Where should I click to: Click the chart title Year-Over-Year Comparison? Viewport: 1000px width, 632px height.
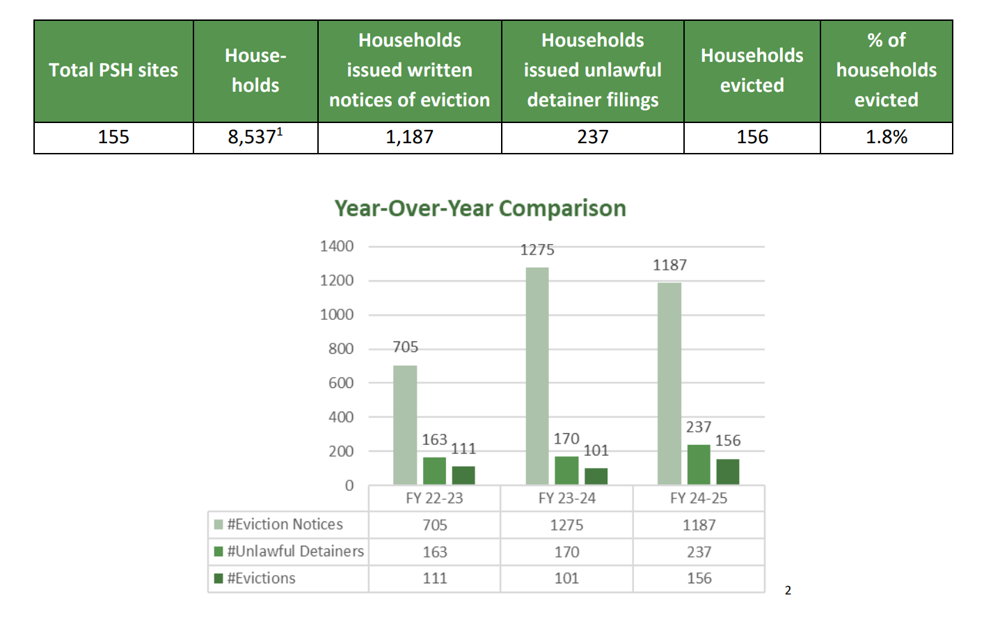(480, 208)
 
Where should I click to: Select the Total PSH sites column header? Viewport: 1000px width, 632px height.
(113, 70)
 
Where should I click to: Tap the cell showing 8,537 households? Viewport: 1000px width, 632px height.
(255, 137)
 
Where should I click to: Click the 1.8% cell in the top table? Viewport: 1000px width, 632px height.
(886, 137)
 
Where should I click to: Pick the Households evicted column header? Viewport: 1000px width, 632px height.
(752, 70)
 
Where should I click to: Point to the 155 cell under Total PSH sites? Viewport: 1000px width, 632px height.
(113, 137)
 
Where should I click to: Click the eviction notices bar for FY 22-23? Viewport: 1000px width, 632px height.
(405, 424)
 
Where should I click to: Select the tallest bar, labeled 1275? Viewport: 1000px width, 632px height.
(537, 375)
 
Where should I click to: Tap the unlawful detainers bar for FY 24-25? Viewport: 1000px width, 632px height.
(699, 464)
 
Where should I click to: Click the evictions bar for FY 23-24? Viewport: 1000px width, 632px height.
(596, 476)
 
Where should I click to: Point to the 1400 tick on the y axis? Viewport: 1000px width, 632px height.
(337, 246)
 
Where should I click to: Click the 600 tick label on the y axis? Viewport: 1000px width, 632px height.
(340, 382)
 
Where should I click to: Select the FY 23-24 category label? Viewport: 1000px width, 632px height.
(566, 498)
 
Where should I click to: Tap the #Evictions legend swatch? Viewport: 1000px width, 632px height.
(219, 578)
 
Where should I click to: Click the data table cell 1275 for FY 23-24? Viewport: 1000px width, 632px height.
(566, 525)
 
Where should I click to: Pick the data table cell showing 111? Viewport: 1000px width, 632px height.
(434, 578)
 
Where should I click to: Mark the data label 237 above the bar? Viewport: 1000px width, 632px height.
(699, 427)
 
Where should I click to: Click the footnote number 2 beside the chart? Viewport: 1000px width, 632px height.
(788, 590)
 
